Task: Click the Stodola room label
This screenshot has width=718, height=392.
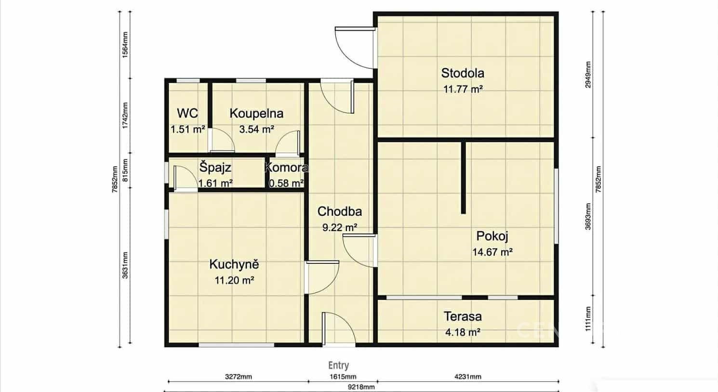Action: (463, 73)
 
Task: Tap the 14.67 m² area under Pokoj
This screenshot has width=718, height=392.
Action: (492, 252)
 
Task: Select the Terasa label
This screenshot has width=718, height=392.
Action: (463, 316)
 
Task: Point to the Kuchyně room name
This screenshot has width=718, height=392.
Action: (234, 264)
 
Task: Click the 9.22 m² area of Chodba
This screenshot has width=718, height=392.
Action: (340, 228)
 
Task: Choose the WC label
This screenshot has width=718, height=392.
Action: (187, 113)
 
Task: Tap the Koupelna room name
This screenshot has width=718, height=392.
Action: (256, 114)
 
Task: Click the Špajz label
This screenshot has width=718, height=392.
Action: (215, 167)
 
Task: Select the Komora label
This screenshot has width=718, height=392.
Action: (287, 167)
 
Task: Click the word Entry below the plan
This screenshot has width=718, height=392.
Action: (338, 366)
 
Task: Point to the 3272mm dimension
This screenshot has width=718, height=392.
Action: (238, 377)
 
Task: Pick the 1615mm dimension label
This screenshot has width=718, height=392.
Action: (343, 377)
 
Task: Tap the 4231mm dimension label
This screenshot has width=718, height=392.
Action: (467, 377)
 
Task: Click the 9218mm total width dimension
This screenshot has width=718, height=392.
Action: (361, 387)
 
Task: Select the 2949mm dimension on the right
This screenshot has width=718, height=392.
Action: (588, 75)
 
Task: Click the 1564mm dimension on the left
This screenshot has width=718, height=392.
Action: (125, 45)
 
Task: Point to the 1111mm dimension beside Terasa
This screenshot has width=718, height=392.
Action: (588, 319)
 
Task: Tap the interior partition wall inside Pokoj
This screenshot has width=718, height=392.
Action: (463, 177)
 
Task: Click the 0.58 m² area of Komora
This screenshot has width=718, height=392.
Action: (286, 183)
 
